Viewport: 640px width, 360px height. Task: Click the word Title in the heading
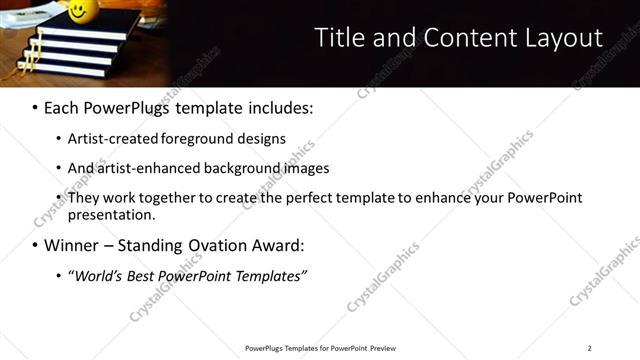(x=338, y=38)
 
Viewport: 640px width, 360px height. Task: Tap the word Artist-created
(x=109, y=139)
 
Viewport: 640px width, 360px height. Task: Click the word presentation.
(x=110, y=214)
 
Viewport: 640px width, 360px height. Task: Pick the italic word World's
(x=96, y=276)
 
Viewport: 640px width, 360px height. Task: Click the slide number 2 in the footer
(x=589, y=348)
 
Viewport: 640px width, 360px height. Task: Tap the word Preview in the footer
(x=381, y=348)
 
